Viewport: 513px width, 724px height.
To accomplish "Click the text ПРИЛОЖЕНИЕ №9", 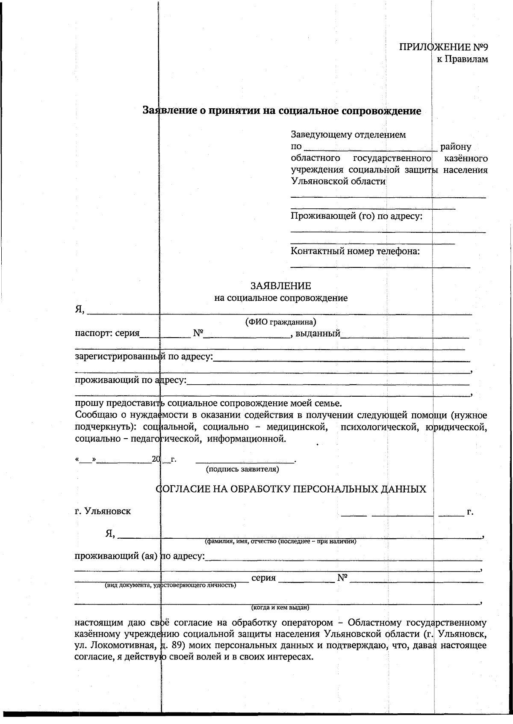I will click(x=443, y=47).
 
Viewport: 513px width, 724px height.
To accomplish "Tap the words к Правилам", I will click(x=462, y=59).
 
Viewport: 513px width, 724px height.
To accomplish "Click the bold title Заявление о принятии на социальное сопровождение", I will click(x=282, y=111).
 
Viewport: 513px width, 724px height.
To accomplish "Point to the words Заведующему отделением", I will click(x=348, y=135).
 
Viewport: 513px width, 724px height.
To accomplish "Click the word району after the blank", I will click(x=456, y=147).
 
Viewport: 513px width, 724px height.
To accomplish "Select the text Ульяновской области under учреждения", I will click(x=338, y=181).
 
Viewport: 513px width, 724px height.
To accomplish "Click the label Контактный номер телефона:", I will click(x=355, y=251).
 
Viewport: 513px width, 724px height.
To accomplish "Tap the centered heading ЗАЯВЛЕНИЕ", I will click(x=280, y=286).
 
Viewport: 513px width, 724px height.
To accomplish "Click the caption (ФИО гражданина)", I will click(x=280, y=322).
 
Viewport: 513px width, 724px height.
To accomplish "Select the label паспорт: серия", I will click(x=107, y=333).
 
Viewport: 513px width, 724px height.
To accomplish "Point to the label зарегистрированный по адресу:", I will click(x=144, y=356).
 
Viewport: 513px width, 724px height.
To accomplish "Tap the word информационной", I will click(x=246, y=439).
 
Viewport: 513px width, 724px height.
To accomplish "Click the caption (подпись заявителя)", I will click(x=242, y=469).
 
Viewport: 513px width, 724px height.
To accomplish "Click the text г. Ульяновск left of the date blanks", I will click(x=103, y=511).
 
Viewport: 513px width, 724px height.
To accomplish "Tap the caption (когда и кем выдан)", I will click(x=280, y=608).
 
